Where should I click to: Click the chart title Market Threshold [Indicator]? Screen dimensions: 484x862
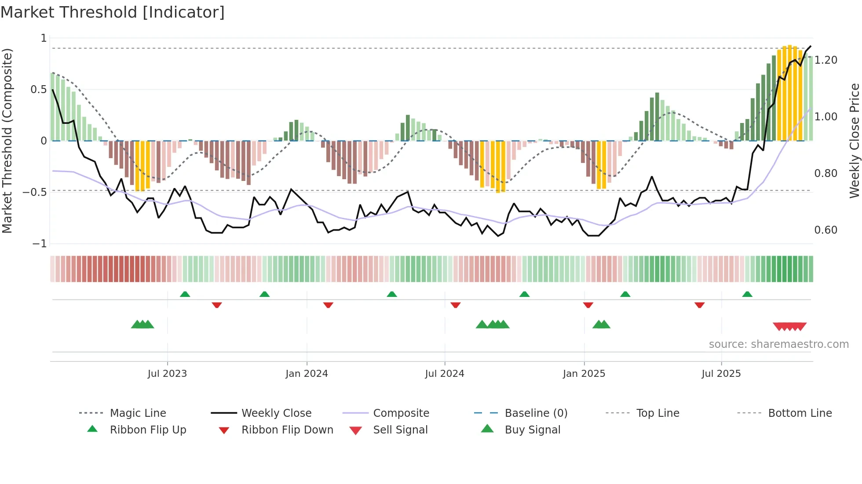click(x=113, y=12)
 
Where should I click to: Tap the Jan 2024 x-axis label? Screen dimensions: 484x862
click(x=307, y=374)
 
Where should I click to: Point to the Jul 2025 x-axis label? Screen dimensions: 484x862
click(x=721, y=374)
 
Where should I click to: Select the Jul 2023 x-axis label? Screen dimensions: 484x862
click(x=167, y=374)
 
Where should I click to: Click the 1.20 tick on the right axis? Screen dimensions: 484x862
click(x=825, y=60)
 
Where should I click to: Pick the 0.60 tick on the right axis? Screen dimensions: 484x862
click(x=825, y=230)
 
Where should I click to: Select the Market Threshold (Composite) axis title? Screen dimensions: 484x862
click(x=7, y=141)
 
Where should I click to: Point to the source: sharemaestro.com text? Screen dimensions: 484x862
click(x=778, y=344)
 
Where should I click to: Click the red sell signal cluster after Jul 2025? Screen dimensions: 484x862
click(x=789, y=326)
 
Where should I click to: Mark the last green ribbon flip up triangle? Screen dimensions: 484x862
click(x=747, y=294)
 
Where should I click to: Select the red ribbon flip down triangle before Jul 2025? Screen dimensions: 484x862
click(x=699, y=305)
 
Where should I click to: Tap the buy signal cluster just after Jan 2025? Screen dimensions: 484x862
click(x=601, y=325)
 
